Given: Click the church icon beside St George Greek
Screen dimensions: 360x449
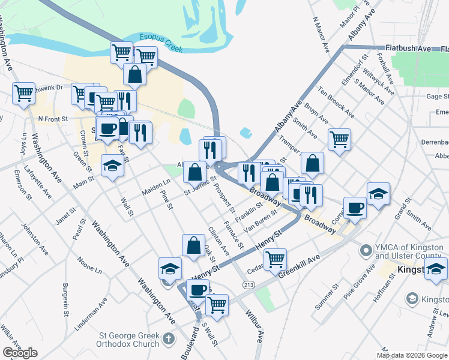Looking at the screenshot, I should (x=169, y=340).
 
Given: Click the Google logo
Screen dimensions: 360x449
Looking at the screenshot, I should (x=20, y=353).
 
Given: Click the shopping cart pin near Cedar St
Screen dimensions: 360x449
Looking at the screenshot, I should (x=275, y=259).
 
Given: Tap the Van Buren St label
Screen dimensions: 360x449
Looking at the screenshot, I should (x=259, y=223).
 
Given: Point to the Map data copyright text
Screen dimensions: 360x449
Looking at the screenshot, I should (x=412, y=355).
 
